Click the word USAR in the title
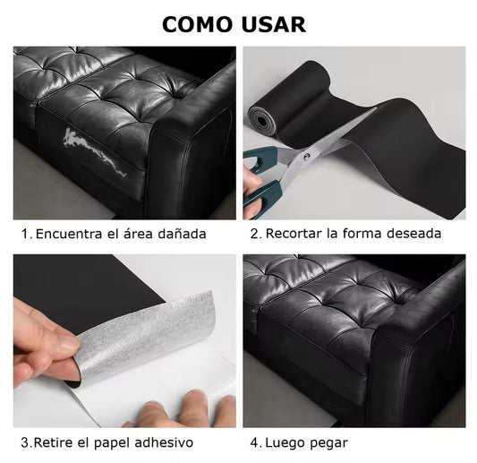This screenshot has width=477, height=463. click(x=274, y=24)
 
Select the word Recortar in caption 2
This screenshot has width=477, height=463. click(x=294, y=235)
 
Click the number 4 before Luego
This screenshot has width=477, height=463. click(x=253, y=442)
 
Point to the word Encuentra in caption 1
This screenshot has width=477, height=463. click(x=69, y=235)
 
